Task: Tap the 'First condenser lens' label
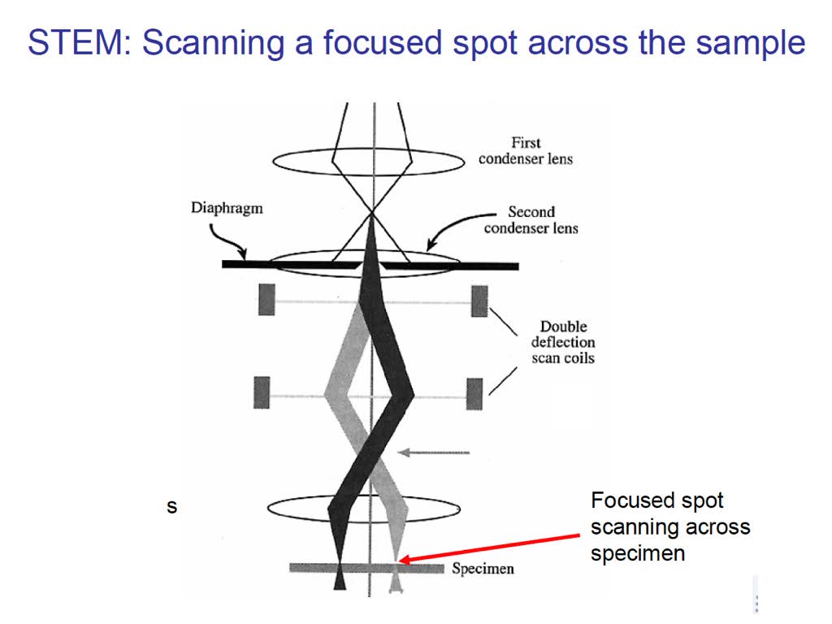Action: tap(526, 150)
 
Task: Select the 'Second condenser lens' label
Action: tap(531, 219)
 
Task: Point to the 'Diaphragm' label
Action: tap(227, 208)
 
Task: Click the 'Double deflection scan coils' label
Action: tap(563, 342)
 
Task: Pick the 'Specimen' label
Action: tap(483, 569)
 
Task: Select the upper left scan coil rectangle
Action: tap(266, 299)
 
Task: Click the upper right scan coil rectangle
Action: tap(479, 301)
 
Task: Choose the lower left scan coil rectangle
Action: tap(262, 392)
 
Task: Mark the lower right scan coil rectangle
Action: tap(474, 394)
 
